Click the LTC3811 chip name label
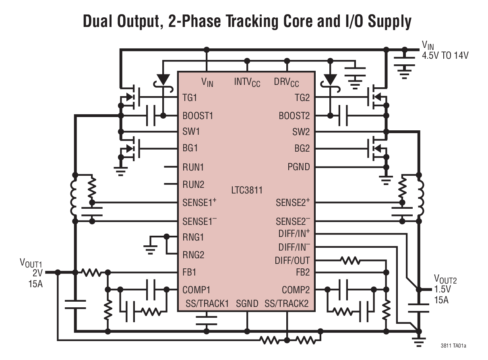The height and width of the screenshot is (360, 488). [247, 189]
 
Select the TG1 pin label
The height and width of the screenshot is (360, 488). [190, 98]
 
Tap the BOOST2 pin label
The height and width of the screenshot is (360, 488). [294, 116]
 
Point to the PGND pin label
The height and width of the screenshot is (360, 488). [298, 167]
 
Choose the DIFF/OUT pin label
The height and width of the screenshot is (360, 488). [292, 260]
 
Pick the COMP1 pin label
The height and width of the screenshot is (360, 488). [196, 290]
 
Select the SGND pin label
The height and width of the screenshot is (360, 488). [247, 304]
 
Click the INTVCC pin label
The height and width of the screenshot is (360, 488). [247, 82]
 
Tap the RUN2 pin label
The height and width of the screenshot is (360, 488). [193, 185]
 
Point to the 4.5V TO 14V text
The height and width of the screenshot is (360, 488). [445, 56]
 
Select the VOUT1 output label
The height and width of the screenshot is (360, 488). [31, 263]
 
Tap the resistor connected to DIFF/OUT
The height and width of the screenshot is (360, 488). [350, 261]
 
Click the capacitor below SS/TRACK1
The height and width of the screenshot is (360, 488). [206, 320]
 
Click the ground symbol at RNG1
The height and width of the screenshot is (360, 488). [150, 249]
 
